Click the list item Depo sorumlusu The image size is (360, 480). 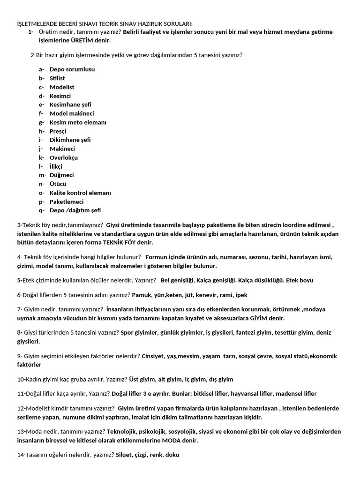tap(72, 69)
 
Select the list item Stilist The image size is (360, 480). tap(57, 78)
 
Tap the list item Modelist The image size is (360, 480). tap(62, 87)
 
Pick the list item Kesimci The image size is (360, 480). tap(60, 96)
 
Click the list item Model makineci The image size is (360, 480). tap(72, 113)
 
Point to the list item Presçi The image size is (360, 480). tap(58, 131)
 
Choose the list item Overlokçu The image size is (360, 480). tap(64, 157)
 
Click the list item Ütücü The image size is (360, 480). tap(58, 184)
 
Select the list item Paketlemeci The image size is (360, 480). tap(67, 202)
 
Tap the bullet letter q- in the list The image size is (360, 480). tap(42, 210)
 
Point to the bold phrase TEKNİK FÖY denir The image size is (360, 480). tap(133, 242)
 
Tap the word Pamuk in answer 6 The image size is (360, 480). tap(142, 295)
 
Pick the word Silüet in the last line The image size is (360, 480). tap(125, 455)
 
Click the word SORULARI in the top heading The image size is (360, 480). tap(178, 24)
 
